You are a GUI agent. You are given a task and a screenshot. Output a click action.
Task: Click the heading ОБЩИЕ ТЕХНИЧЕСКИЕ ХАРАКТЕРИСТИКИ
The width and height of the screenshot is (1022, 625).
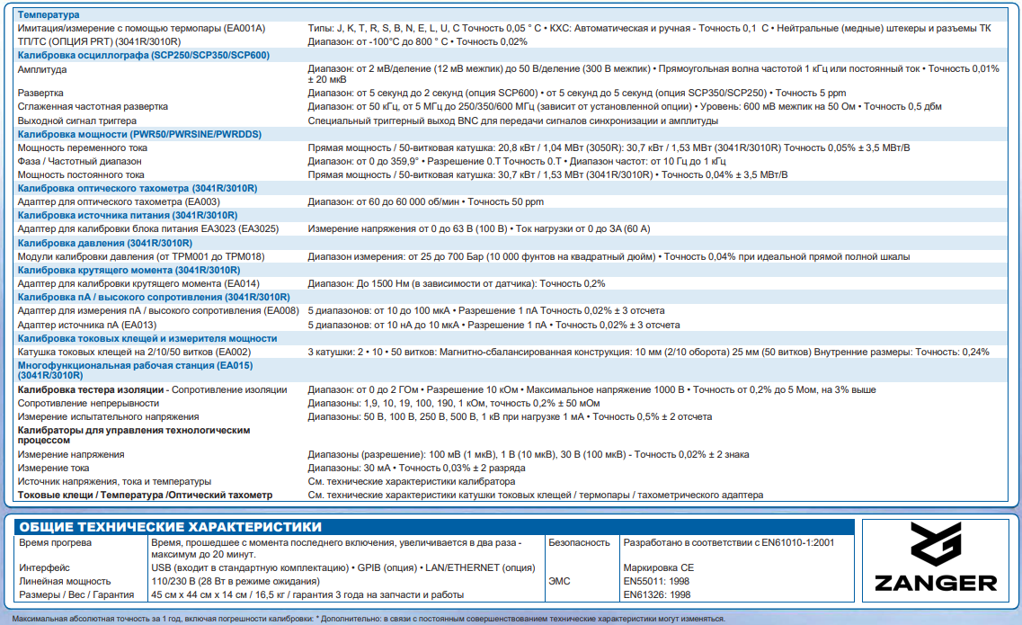pyautogui.click(x=170, y=527)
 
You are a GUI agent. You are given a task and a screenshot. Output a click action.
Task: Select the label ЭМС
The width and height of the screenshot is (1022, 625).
pyautogui.click(x=559, y=582)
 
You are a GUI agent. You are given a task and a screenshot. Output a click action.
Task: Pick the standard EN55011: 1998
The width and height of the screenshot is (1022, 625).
pyautogui.click(x=656, y=582)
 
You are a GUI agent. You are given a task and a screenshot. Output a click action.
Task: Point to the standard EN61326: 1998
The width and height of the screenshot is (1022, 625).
pyautogui.click(x=656, y=594)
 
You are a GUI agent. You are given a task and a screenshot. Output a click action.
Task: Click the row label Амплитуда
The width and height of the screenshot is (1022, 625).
pyautogui.click(x=42, y=68)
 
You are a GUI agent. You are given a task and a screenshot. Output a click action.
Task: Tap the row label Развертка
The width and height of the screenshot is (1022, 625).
pyautogui.click(x=40, y=93)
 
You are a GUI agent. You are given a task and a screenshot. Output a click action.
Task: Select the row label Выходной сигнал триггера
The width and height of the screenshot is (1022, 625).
pyautogui.click(x=77, y=120)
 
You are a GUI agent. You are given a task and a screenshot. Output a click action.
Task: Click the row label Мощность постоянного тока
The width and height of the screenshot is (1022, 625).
pyautogui.click(x=81, y=174)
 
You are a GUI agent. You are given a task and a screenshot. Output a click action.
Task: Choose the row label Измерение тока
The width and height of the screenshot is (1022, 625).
pyautogui.click(x=55, y=468)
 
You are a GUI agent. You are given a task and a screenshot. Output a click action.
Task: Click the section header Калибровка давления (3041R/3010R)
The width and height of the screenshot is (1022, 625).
pyautogui.click(x=105, y=243)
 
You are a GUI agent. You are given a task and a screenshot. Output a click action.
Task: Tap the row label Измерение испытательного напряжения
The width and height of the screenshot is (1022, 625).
pyautogui.click(x=109, y=416)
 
